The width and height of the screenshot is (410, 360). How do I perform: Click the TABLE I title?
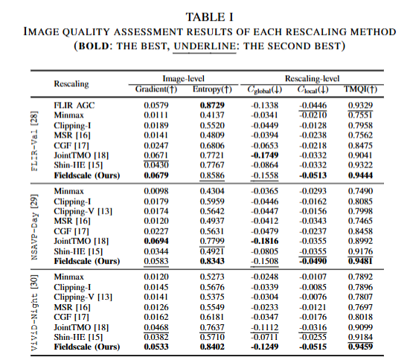point(209,17)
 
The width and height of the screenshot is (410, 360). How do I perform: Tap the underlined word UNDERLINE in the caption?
point(205,46)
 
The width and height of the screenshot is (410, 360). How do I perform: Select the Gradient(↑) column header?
point(156,89)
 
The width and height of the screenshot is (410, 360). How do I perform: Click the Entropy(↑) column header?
point(212,89)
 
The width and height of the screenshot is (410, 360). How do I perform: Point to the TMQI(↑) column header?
point(360,89)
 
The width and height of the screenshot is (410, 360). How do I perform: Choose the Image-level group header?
point(183,78)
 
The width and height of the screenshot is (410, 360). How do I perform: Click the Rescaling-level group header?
point(312,78)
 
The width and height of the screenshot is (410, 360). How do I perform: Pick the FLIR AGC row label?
point(74,106)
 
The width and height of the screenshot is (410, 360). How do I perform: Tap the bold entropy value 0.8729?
point(212,106)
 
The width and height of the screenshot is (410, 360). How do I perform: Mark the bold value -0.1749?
point(265,155)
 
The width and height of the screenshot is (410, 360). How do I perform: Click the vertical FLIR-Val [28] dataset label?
point(35,141)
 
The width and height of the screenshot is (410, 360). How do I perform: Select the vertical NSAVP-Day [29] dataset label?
point(35,227)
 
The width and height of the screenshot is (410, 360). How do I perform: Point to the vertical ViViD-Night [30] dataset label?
point(35,312)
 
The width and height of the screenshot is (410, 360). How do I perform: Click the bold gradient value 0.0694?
point(156,241)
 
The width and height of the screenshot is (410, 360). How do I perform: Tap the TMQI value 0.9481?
point(360,261)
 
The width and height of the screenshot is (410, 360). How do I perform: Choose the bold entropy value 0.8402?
point(212,347)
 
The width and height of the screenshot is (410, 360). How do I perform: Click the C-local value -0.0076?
point(313,297)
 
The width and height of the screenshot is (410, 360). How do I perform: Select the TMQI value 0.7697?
point(360,307)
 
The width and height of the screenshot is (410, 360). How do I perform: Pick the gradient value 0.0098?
point(156,191)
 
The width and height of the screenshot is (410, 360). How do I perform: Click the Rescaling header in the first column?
point(71,84)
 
